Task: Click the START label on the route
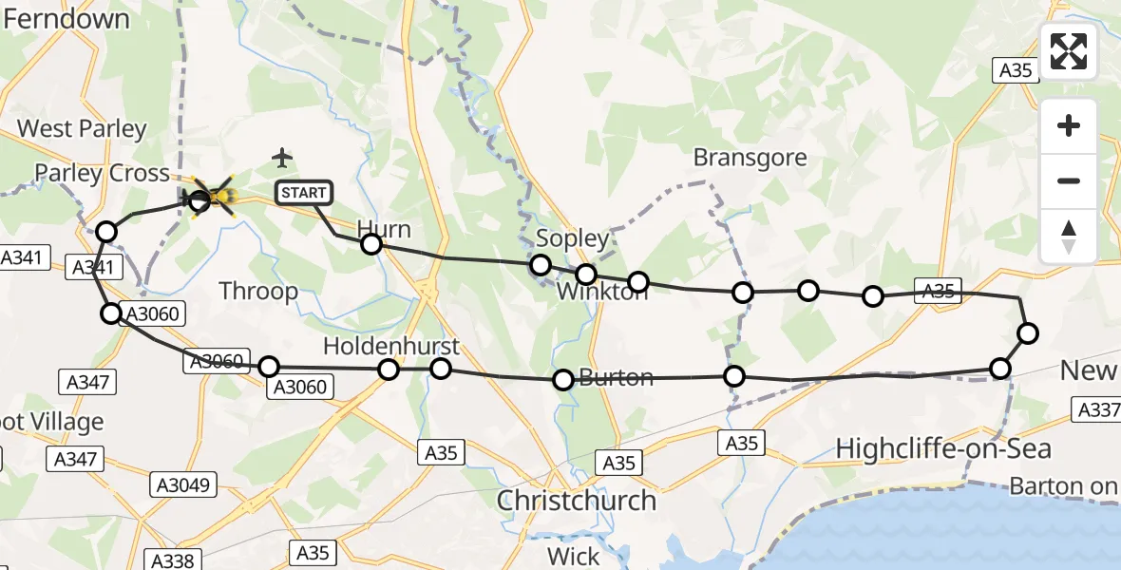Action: pos(304,193)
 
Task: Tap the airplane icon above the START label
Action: pos(282,157)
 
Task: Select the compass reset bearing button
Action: pos(1069,237)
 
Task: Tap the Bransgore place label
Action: pos(750,158)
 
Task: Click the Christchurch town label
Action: pos(577,500)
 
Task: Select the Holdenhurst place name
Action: pos(390,346)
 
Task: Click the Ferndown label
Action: pos(66,18)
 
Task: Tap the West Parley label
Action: pos(82,128)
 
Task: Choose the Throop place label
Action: pos(258,291)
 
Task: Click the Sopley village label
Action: pos(572,237)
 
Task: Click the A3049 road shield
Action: pos(184,484)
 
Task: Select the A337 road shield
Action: pos(1095,409)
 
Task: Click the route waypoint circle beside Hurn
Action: pos(371,244)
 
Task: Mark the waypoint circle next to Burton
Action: pos(563,380)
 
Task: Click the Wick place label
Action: pos(574,556)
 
